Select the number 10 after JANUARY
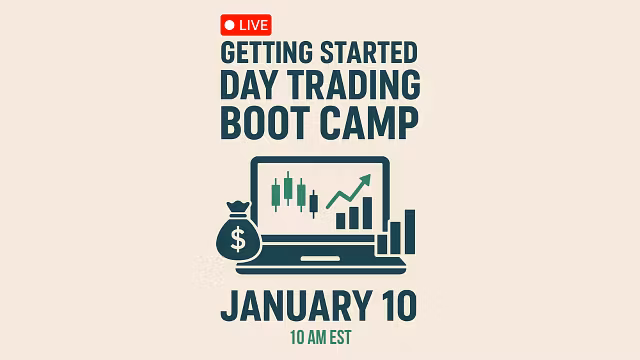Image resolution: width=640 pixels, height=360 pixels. pyautogui.click(x=396, y=305)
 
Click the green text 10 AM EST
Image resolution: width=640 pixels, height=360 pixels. pyautogui.click(x=319, y=337)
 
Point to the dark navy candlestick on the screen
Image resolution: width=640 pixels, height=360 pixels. pyautogui.click(x=313, y=203)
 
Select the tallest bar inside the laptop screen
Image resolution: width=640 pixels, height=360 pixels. pyautogui.click(x=367, y=212)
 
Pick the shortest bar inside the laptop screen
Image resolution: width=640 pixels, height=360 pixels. pyautogui.click(x=341, y=220)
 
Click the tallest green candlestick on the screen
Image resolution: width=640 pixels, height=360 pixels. pyautogui.click(x=288, y=188)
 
